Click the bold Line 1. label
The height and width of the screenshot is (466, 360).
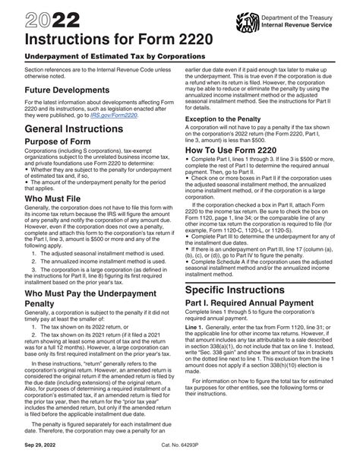coord(199,373)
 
